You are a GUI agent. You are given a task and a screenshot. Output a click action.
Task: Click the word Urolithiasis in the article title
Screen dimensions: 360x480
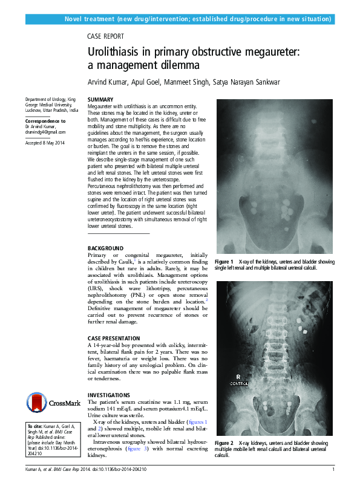[118, 53]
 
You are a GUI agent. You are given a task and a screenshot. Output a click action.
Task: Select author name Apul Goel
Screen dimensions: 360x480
[144, 82]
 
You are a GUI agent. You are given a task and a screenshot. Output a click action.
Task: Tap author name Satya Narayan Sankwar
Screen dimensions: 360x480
[247, 82]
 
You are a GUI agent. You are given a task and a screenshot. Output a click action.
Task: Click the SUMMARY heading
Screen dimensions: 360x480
[100, 99]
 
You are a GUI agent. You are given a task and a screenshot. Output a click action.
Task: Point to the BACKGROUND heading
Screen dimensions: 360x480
[105, 248]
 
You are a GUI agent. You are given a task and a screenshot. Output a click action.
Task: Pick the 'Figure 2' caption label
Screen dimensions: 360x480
[224, 443]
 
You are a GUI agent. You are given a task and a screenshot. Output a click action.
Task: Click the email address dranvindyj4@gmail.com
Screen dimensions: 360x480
[45, 132]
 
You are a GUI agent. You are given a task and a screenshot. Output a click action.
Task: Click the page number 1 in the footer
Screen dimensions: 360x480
[333, 469]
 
